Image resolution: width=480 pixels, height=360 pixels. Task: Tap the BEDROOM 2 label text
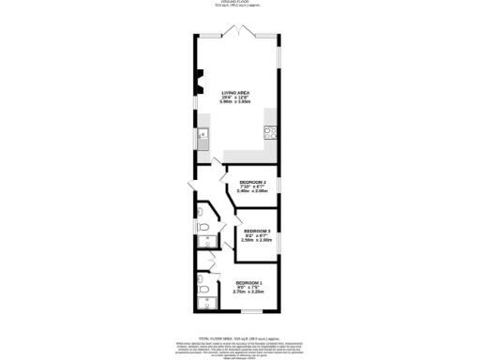[x=253, y=181]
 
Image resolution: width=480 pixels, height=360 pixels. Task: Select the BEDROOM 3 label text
[x=257, y=231]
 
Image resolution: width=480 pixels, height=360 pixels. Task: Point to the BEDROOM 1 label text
[x=249, y=282]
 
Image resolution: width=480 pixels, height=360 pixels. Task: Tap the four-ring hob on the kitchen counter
[x=271, y=131]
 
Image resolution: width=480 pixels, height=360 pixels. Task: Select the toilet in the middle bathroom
[x=203, y=228]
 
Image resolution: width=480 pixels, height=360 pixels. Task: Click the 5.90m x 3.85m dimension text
[x=236, y=102]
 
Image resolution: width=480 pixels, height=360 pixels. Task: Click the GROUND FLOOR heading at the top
[x=239, y=3]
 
